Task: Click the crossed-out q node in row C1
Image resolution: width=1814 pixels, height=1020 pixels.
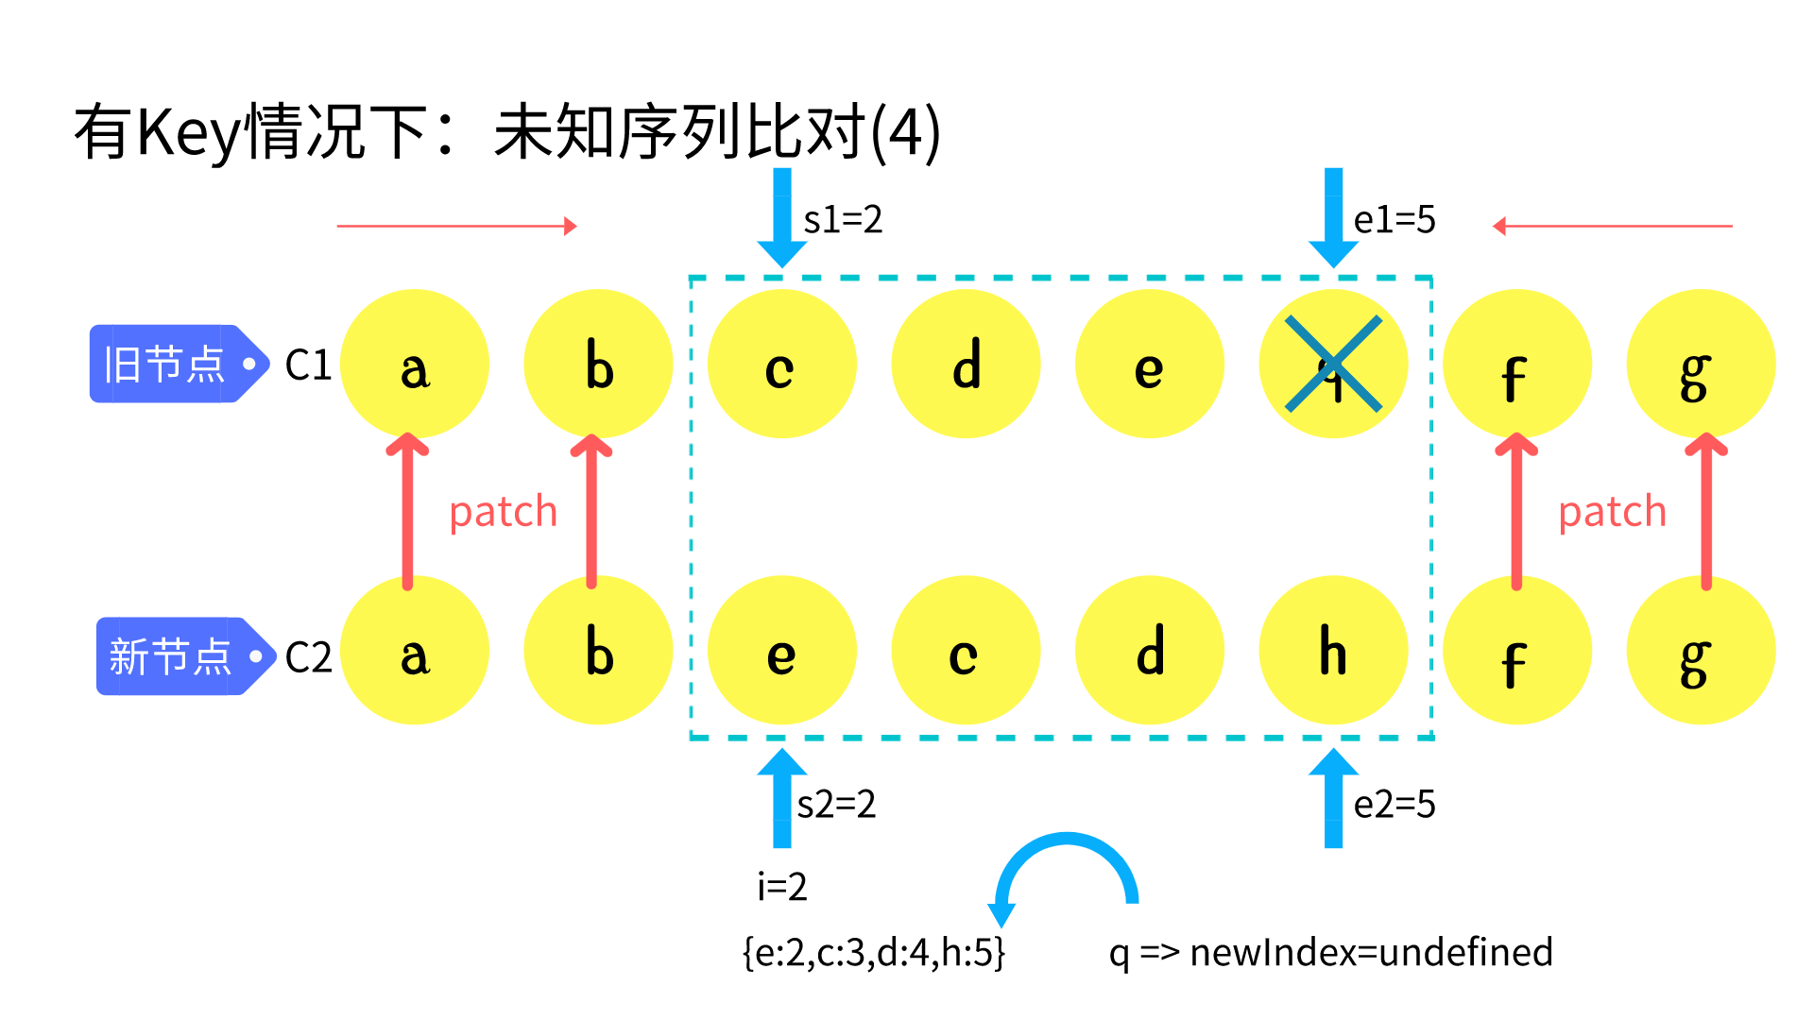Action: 1333,364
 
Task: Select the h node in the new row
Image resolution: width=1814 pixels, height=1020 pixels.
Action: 1333,651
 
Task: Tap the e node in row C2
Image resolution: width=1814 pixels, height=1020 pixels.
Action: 781,651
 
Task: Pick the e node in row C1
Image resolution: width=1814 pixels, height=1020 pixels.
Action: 1149,364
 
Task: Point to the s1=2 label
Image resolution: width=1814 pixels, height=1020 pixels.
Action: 843,220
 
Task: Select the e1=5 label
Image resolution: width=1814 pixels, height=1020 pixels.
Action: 1395,220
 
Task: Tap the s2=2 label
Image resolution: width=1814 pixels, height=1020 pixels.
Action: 837,805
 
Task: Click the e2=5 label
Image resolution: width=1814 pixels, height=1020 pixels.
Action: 1395,805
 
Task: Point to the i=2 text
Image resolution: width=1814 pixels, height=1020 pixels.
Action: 782,887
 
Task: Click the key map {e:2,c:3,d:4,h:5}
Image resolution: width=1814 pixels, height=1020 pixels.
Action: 874,953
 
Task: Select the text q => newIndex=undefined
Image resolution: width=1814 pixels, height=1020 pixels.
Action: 1330,953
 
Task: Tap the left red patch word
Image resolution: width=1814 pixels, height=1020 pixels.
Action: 503,513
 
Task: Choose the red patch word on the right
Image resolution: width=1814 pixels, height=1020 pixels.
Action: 1612,513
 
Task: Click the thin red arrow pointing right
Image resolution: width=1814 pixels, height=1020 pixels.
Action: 456,226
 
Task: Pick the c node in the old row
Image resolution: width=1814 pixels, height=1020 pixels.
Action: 781,364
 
